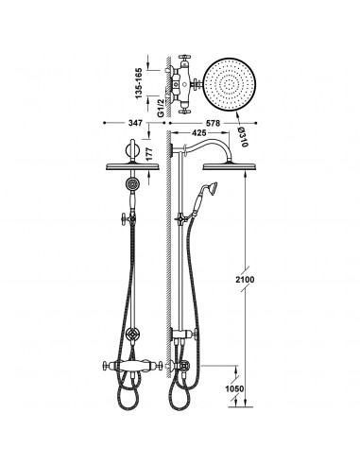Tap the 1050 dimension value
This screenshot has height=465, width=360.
pyautogui.click(x=234, y=389)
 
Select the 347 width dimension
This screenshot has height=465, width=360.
pyautogui.click(x=135, y=123)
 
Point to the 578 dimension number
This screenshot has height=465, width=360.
pyautogui.click(x=213, y=123)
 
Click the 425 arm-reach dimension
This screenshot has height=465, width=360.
pyautogui.click(x=198, y=132)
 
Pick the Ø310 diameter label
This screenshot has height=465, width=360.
pyautogui.click(x=243, y=136)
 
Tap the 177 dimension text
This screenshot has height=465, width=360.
pyautogui.click(x=149, y=153)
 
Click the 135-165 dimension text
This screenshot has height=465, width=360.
pyautogui.click(x=139, y=83)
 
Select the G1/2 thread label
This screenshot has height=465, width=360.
pyautogui.click(x=161, y=108)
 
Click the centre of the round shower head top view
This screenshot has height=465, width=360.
pyautogui.click(x=230, y=84)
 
